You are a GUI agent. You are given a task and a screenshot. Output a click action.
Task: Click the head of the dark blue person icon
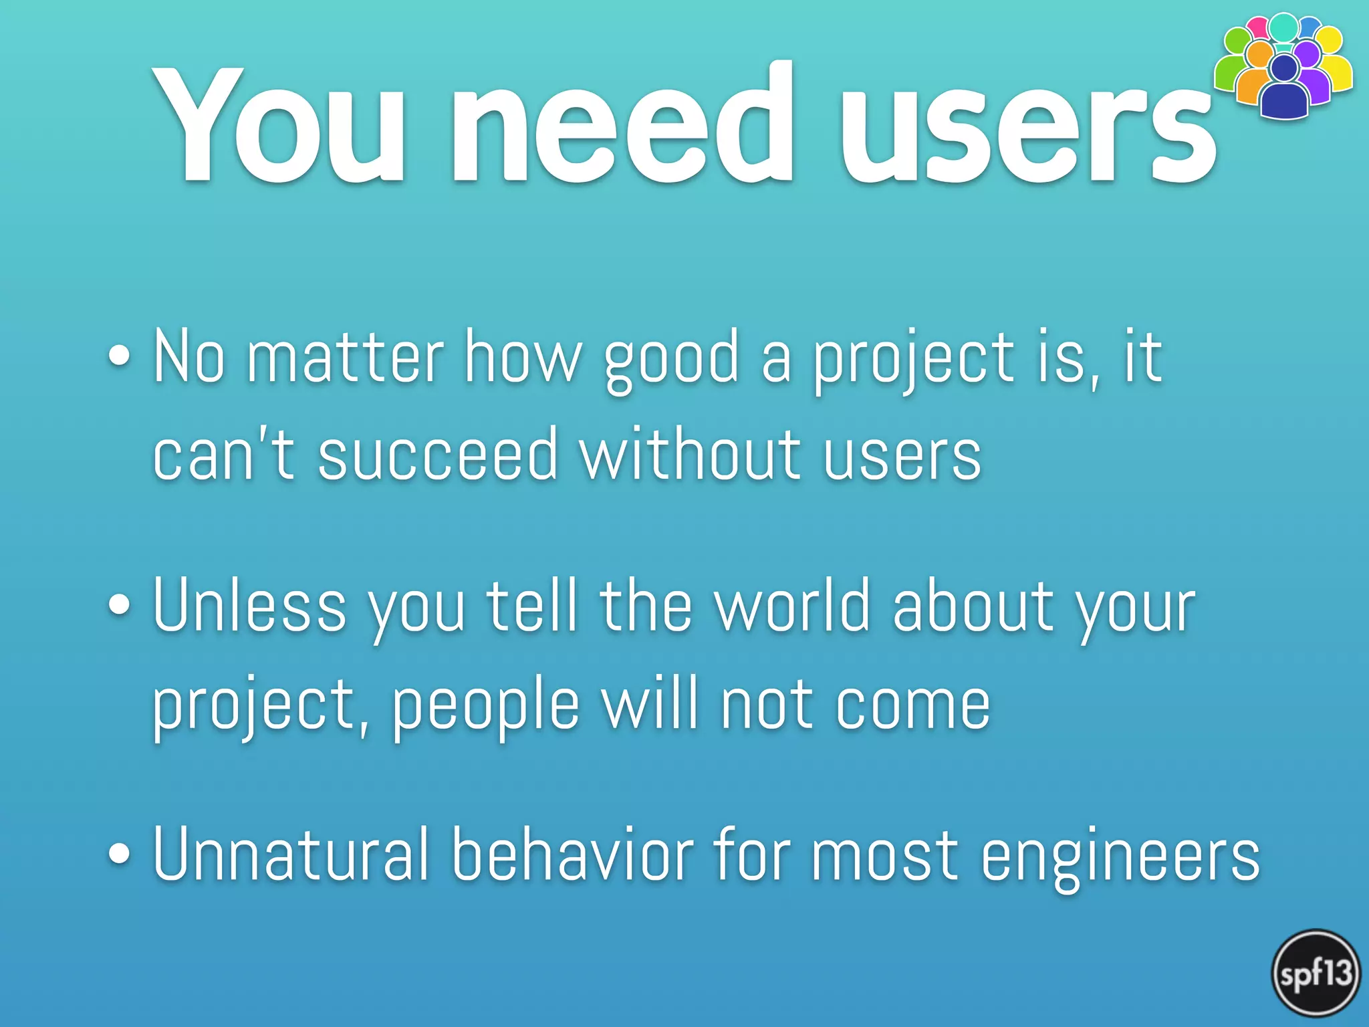[x=1284, y=68]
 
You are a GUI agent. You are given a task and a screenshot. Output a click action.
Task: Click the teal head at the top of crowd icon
[x=1283, y=27]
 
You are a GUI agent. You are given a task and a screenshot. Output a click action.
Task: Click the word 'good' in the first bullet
[x=671, y=361]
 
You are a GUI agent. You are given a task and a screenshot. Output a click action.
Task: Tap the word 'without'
[x=691, y=455]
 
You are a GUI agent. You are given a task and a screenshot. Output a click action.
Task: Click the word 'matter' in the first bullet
[x=345, y=358]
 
